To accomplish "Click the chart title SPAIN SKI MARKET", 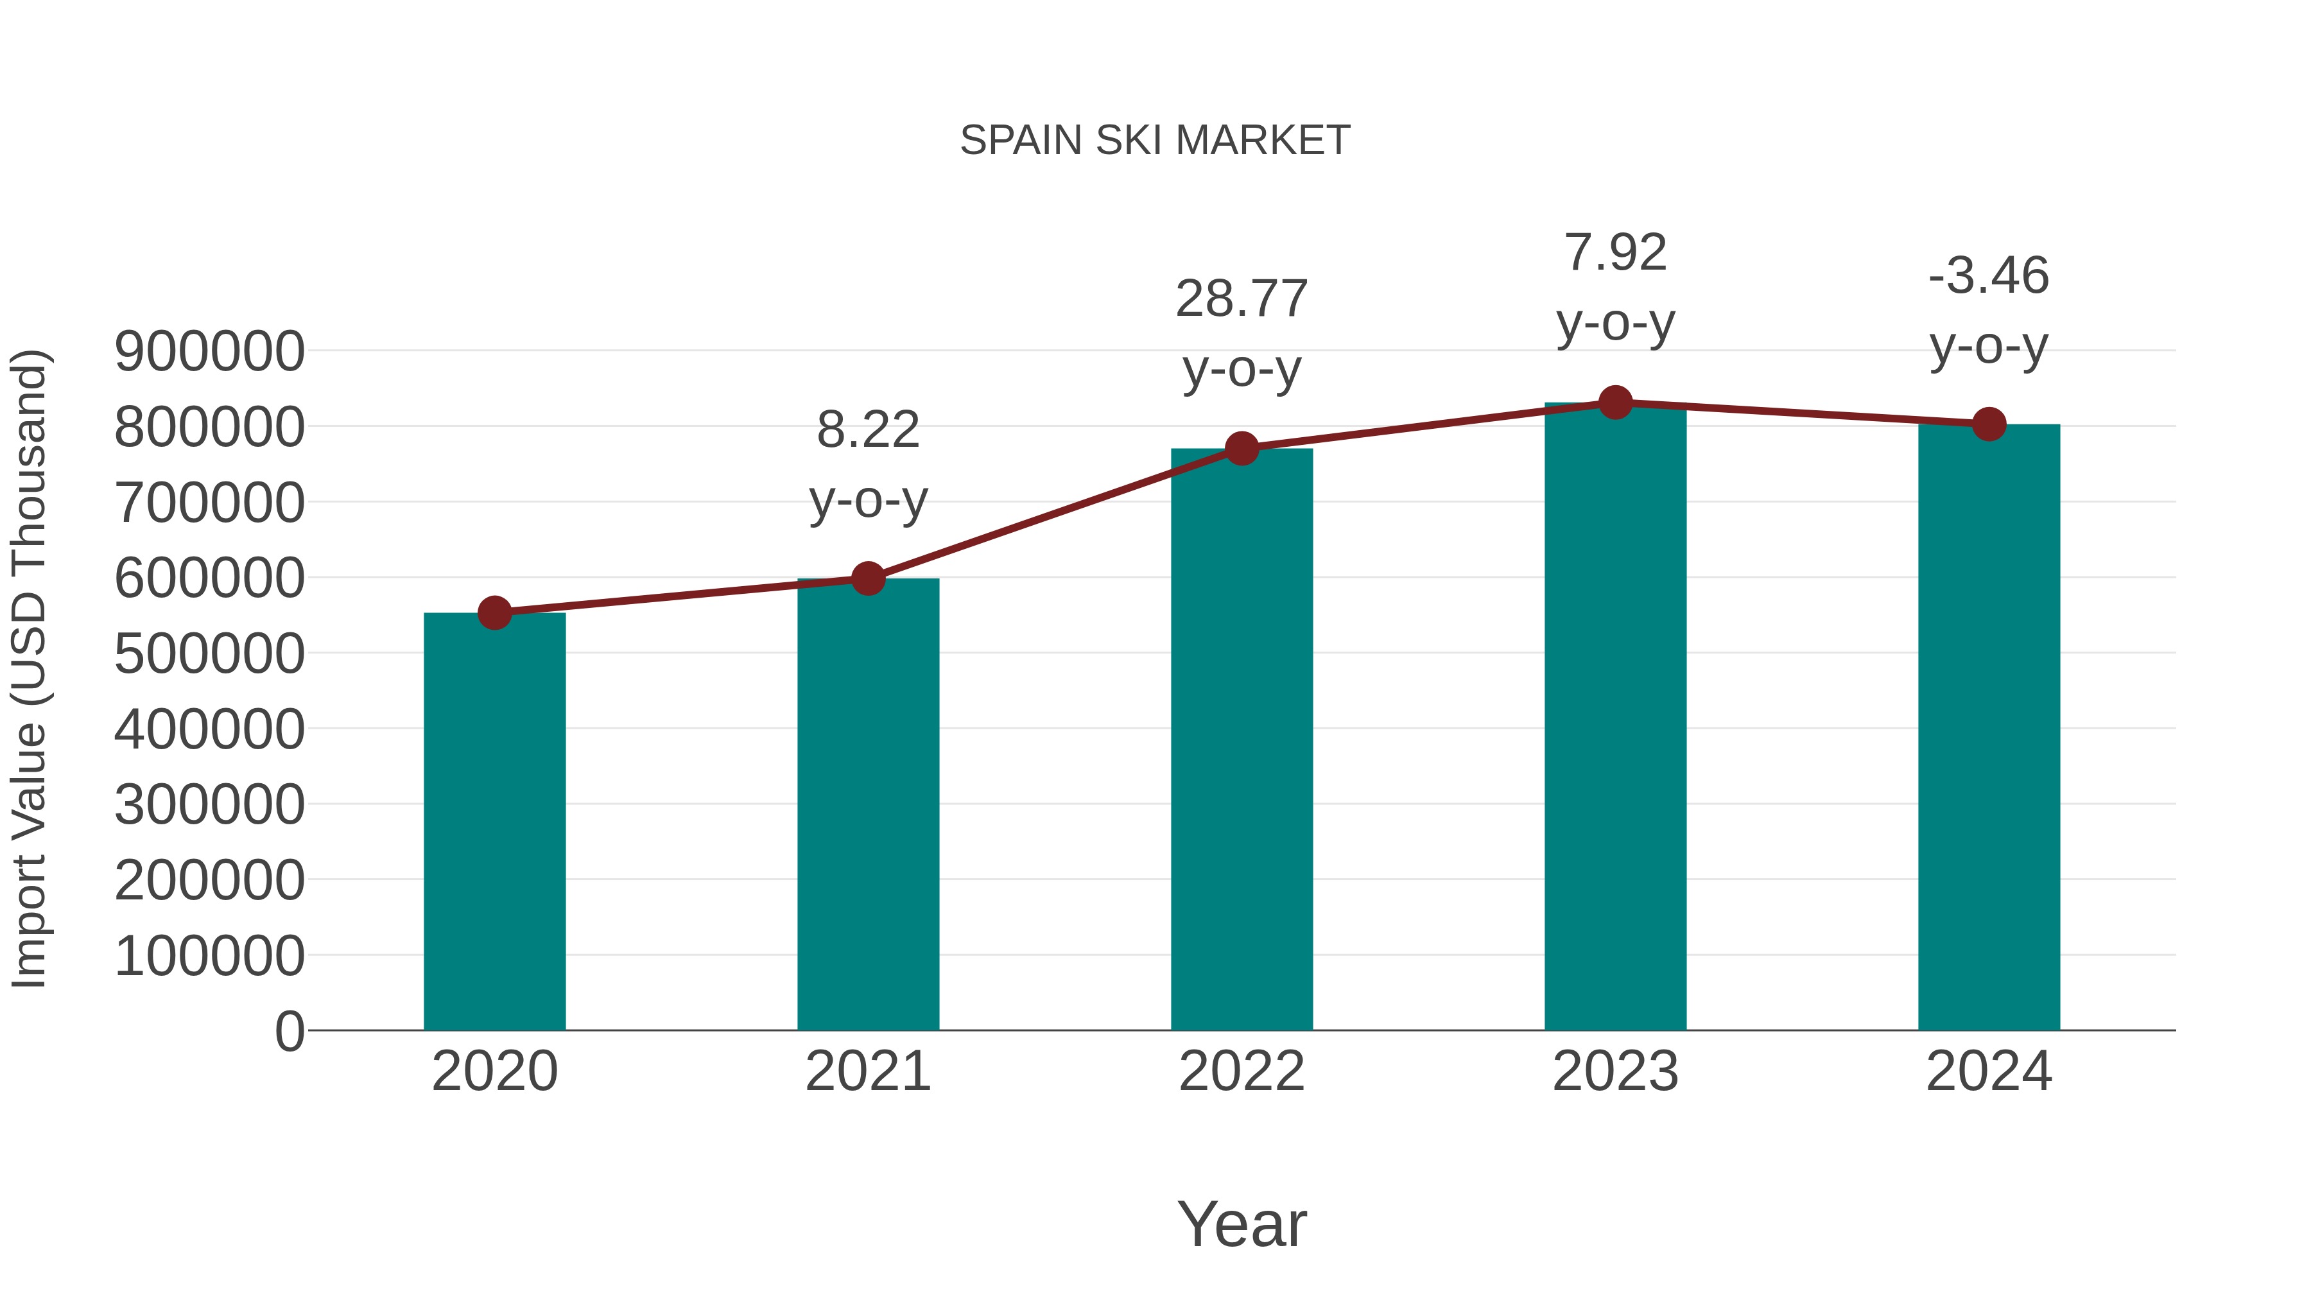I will click(1155, 141).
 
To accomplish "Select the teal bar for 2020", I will click(494, 821).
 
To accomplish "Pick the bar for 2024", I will click(1989, 727).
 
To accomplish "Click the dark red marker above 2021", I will click(867, 578).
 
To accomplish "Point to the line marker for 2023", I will click(1615, 403).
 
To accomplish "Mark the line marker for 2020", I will click(494, 614).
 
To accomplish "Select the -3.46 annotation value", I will click(1989, 275).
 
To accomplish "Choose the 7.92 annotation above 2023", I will click(1615, 252).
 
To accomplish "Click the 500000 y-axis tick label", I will click(209, 654).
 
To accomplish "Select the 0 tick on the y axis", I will click(289, 1032).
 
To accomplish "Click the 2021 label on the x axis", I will click(867, 1071).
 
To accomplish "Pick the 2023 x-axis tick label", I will click(1615, 1071).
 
